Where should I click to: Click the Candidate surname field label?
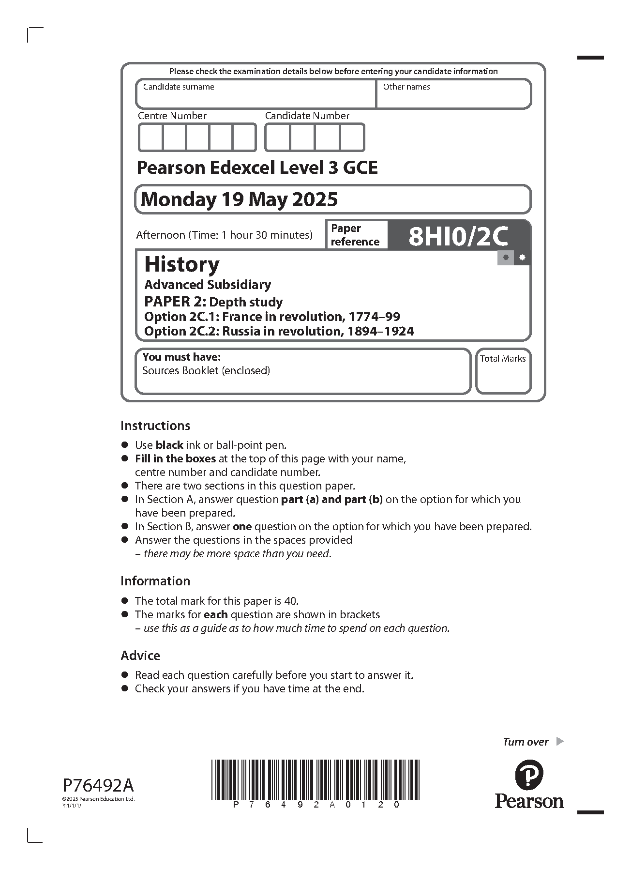click(178, 87)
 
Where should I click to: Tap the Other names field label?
click(406, 87)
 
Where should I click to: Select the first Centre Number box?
click(150, 137)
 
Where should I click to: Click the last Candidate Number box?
click(352, 137)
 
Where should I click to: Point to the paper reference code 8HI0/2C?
click(458, 236)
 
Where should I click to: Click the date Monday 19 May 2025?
click(239, 199)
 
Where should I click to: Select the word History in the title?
click(182, 264)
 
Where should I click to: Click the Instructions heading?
click(155, 426)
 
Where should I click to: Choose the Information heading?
click(155, 581)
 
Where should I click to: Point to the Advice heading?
click(140, 656)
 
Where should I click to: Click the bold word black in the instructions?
click(169, 445)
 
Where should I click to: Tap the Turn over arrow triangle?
click(560, 741)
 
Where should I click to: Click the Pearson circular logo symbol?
click(529, 774)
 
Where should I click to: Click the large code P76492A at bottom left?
click(98, 785)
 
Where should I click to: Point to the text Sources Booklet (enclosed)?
click(206, 371)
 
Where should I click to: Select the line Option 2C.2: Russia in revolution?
click(279, 331)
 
